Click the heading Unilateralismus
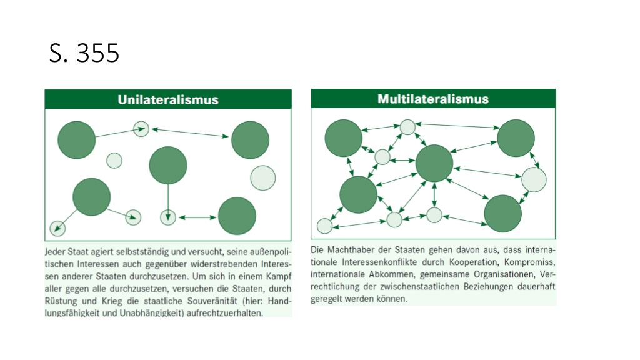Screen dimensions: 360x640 point(167,99)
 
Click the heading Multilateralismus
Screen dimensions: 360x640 point(432,99)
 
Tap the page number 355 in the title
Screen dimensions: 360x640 point(97,54)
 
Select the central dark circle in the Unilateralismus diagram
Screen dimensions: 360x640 point(168,165)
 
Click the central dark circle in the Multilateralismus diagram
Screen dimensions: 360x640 point(434,163)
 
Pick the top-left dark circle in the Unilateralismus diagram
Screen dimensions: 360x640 point(77,139)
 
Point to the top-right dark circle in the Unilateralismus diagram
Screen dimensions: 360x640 point(250,140)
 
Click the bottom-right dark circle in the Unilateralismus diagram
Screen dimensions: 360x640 point(237,216)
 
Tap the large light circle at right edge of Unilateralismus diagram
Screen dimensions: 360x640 point(262,177)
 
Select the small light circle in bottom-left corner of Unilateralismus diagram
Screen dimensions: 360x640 point(57,228)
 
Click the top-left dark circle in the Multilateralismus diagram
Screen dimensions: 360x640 point(344,138)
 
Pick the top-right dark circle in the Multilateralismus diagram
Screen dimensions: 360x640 point(516,138)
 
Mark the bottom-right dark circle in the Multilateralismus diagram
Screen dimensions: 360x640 point(502,213)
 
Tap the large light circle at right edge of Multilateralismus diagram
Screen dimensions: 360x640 point(534,179)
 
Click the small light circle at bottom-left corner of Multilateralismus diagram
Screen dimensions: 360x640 point(324,226)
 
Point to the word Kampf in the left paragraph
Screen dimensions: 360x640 point(279,276)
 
